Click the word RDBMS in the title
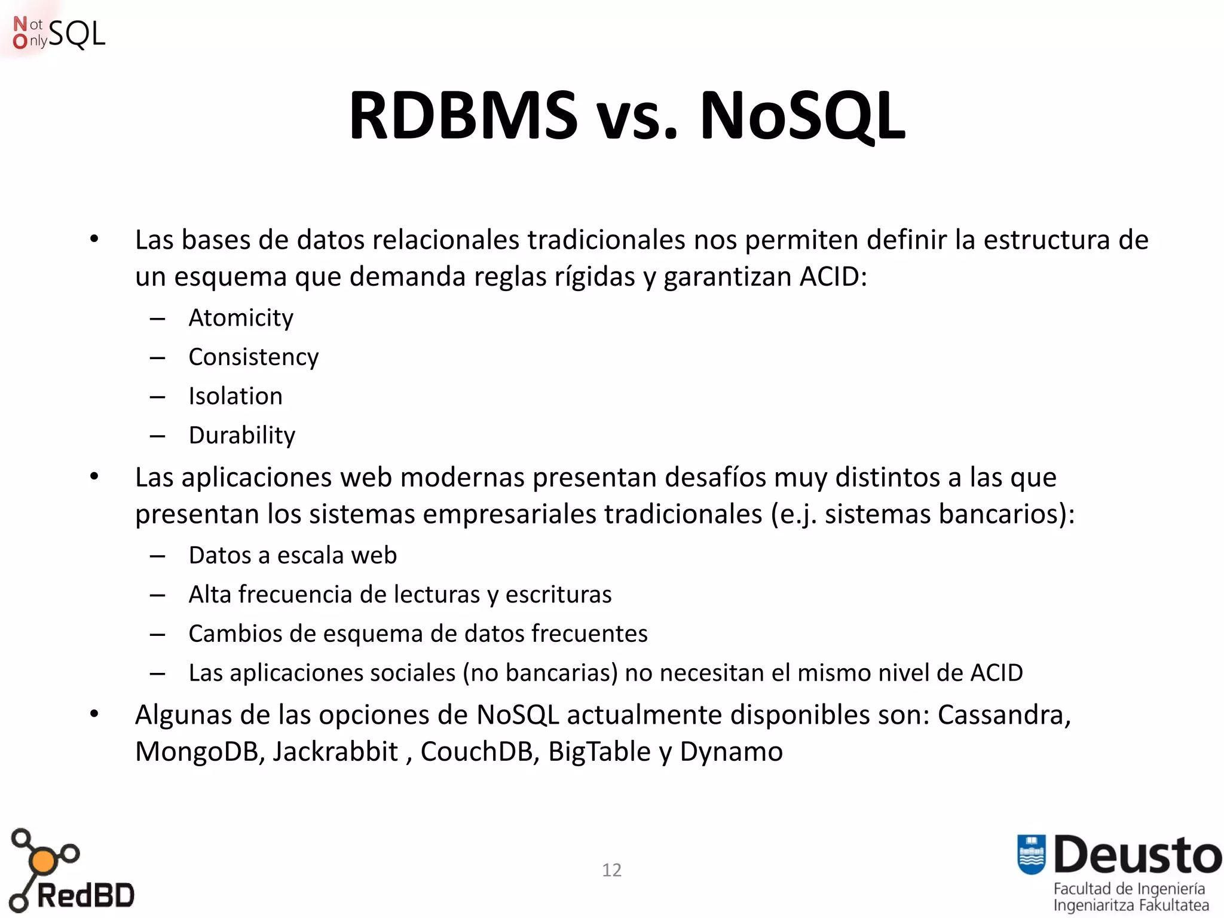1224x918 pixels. pos(463,116)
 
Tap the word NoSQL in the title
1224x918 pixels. pos(802,116)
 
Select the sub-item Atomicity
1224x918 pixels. pos(241,318)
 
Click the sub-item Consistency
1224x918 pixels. pos(253,357)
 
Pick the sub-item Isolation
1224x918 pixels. pos(235,396)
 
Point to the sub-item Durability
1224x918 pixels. pos(242,436)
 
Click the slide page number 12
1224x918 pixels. pos(611,870)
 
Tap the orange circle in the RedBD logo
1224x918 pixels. pos(42,861)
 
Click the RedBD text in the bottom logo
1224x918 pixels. pos(85,895)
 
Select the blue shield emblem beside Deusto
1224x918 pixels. pos(1031,854)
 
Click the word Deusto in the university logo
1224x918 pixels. pos(1137,855)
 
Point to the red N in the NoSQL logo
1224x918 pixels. pos(20,24)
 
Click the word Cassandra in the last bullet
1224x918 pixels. pos(1003,715)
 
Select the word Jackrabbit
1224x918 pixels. pos(335,752)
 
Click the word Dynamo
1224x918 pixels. pos(731,752)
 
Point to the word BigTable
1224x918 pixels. pos(599,752)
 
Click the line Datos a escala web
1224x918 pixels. pos(293,555)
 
